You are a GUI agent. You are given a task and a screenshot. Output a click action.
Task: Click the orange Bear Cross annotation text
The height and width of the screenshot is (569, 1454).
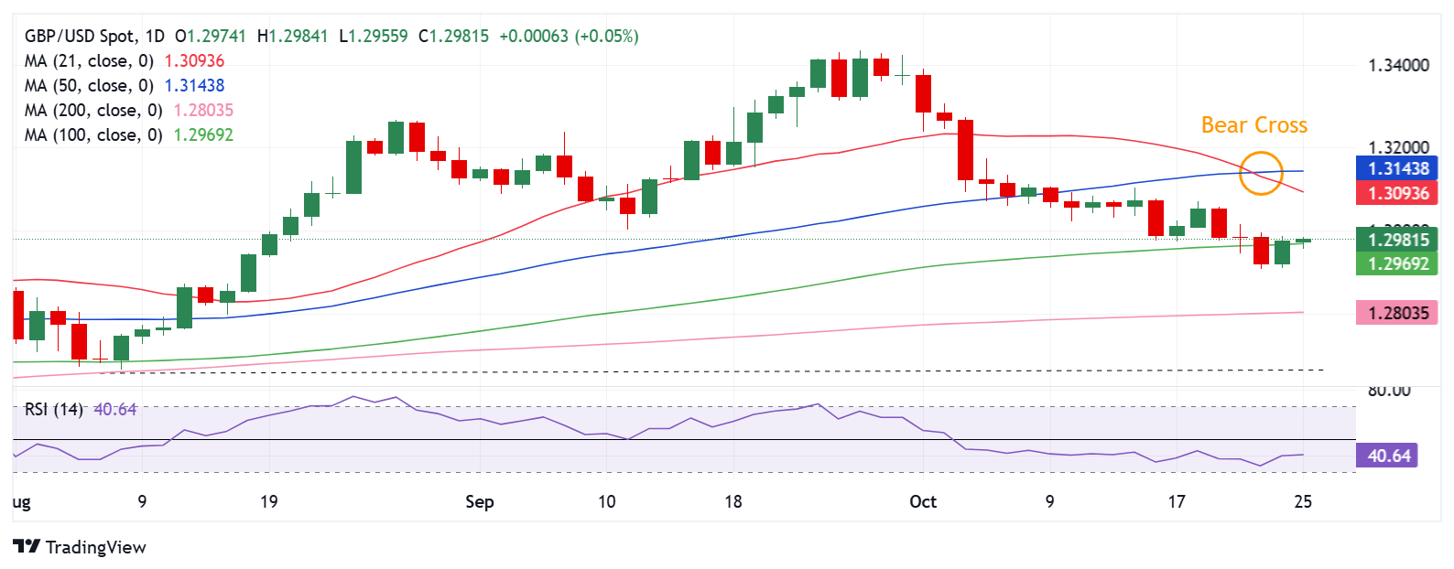(1253, 125)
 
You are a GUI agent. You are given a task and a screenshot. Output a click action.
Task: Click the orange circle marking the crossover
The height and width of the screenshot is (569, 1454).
(1261, 173)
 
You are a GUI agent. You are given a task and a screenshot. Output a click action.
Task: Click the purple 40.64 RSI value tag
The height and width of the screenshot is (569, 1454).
(1388, 456)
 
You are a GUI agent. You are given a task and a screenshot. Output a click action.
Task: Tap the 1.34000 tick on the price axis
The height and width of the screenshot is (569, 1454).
(1397, 65)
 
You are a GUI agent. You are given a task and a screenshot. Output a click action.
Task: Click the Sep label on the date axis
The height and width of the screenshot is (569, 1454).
(479, 501)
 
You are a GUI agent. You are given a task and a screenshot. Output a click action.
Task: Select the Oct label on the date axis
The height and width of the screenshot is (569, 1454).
(923, 501)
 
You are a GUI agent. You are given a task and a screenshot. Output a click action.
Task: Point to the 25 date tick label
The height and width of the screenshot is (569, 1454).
(1303, 501)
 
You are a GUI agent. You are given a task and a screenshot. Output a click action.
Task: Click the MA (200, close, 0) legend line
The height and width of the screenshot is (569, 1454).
(128, 110)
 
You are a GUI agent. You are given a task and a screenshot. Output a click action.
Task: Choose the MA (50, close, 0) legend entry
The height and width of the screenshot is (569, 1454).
(124, 85)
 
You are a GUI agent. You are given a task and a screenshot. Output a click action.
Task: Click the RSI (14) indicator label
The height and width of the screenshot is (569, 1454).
(53, 409)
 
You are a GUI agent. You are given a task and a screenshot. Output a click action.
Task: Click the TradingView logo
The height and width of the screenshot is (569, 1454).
(80, 547)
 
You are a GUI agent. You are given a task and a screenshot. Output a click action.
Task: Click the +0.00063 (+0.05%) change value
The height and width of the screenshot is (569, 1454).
(569, 36)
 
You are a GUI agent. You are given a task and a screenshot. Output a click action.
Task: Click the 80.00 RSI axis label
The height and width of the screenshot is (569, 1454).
(1388, 391)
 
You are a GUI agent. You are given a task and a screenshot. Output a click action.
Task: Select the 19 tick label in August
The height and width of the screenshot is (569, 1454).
(268, 501)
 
